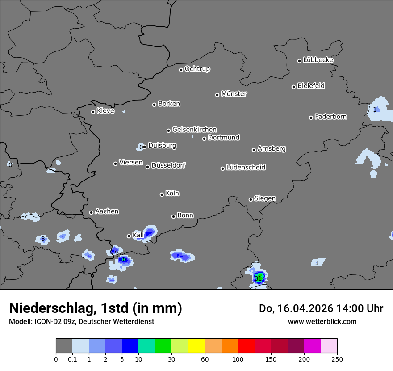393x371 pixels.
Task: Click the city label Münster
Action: pos(234,94)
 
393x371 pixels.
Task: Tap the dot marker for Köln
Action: pos(162,194)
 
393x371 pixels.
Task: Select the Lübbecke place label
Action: pos(318,60)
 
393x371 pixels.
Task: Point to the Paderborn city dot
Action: pos(311,118)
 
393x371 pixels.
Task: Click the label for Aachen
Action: pos(107,211)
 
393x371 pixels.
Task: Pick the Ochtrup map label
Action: pos(197,69)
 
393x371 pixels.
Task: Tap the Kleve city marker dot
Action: pos(93,112)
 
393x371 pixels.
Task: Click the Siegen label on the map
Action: pos(265,198)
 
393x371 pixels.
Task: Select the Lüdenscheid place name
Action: pos(246,168)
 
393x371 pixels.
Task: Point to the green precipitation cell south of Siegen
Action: pos(259,278)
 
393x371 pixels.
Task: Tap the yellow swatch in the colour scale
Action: pos(196,346)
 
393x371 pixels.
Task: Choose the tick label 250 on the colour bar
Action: pos(337,358)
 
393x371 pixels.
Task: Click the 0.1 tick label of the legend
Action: pos(72,358)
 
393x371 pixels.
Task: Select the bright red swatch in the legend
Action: pos(246,346)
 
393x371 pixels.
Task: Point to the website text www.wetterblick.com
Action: pos(322,321)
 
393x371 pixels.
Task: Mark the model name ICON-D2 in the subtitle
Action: pos(44,321)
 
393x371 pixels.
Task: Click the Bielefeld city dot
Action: pos(293,87)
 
